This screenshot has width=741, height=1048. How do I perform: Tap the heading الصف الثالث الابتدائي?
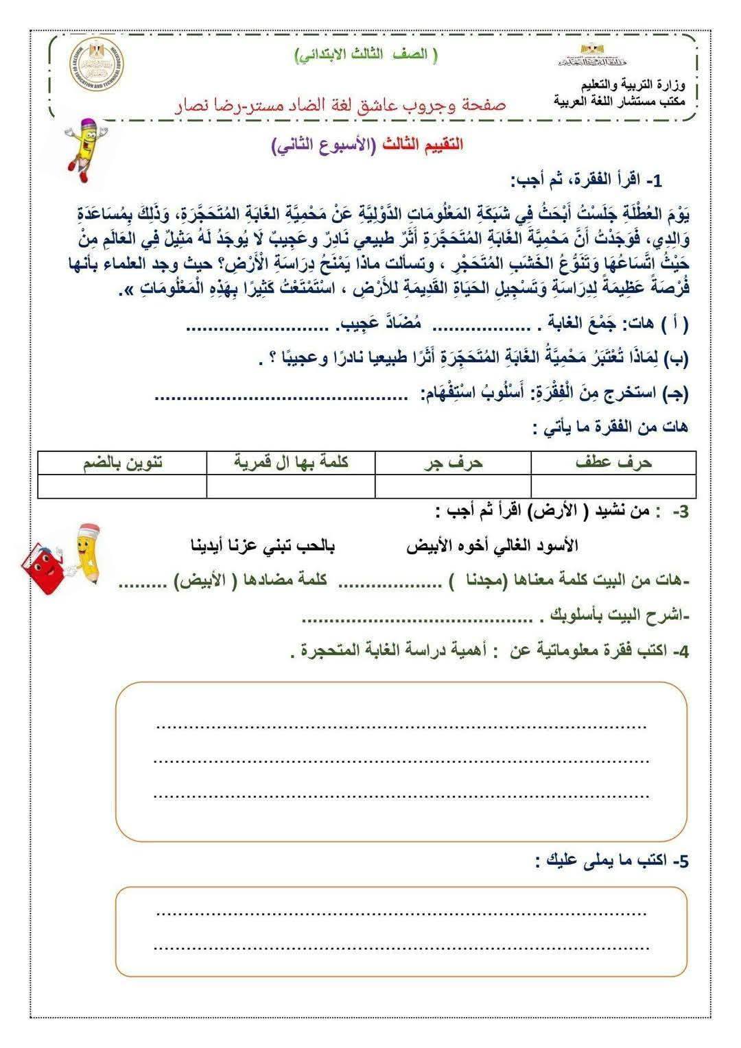[x=366, y=56]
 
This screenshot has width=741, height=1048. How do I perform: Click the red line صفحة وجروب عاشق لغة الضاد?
[x=340, y=104]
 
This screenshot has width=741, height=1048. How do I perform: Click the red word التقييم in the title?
[x=440, y=145]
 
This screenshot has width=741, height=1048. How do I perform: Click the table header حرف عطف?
[x=613, y=463]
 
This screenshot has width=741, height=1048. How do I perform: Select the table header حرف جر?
[x=453, y=463]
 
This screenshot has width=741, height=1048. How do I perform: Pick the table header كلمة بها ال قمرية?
[x=291, y=462]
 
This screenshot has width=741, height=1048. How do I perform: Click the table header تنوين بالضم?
[x=123, y=462]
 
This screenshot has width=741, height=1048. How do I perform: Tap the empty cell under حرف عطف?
[x=613, y=486]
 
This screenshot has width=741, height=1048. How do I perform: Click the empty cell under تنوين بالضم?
[x=122, y=486]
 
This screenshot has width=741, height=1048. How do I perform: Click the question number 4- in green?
[x=680, y=651]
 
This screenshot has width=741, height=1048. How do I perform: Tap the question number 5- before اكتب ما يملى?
[x=679, y=861]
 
